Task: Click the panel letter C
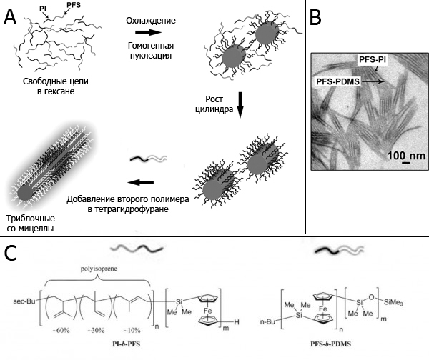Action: point(11,253)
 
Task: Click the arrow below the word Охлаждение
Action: point(149,31)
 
